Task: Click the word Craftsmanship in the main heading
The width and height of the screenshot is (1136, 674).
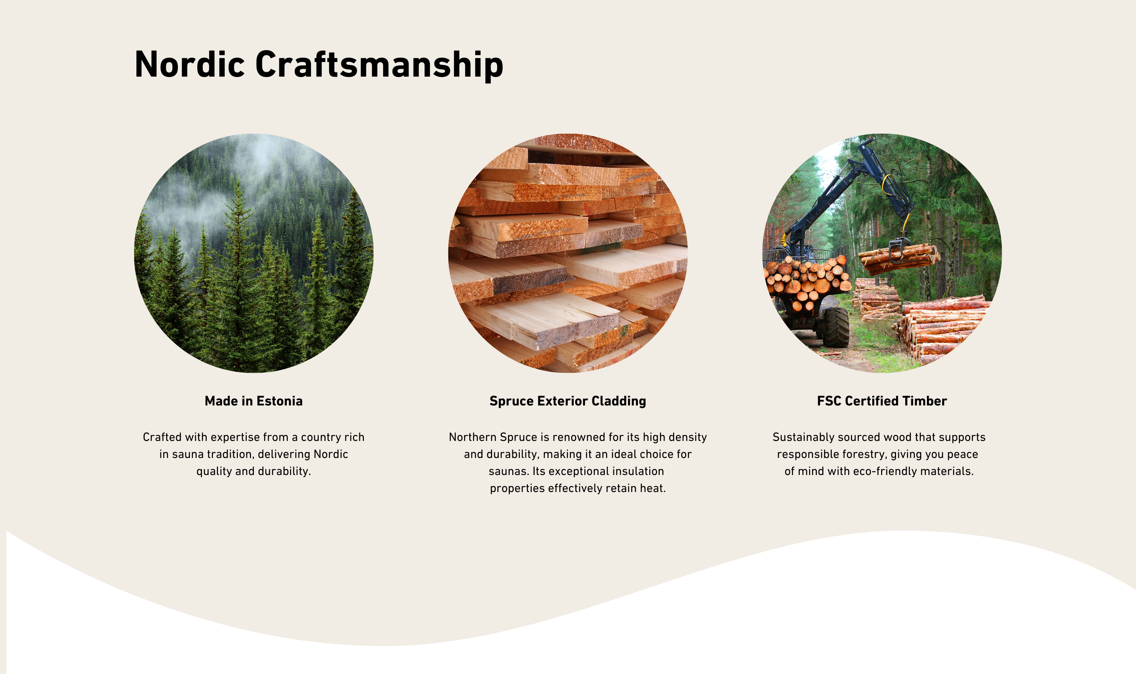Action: click(x=379, y=66)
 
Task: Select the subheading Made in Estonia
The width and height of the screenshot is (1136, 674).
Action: click(x=253, y=401)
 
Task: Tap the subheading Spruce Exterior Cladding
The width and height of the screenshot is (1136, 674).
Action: click(x=568, y=402)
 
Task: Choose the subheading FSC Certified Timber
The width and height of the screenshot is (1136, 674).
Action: click(x=882, y=401)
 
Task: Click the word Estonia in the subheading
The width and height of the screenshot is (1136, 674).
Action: click(x=279, y=401)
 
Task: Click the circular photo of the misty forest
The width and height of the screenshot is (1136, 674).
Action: click(x=253, y=253)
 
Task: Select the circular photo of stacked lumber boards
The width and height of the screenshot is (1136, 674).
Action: click(x=568, y=253)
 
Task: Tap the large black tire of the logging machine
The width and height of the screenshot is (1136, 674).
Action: click(x=835, y=327)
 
